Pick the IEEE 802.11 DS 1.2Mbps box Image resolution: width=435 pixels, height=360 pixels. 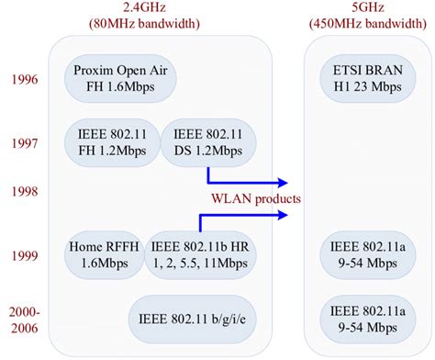point(209,141)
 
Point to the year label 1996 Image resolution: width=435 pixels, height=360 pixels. point(23,80)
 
